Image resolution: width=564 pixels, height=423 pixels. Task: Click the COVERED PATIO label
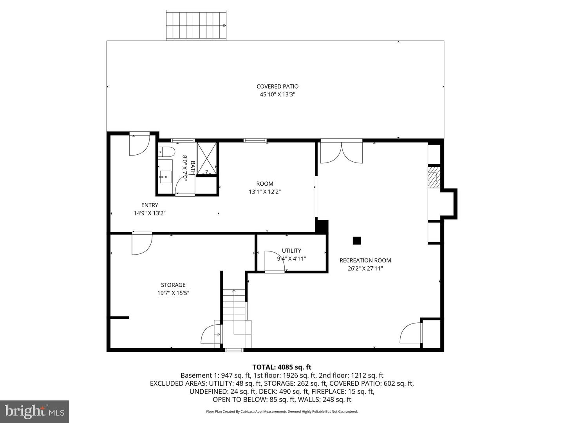pos(277,87)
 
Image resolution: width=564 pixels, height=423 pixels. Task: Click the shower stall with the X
pos(207,158)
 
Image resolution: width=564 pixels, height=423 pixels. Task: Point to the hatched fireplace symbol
pos(433,177)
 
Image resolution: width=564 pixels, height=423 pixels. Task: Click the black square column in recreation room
pos(356,241)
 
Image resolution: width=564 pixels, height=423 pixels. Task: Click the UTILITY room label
pos(291,251)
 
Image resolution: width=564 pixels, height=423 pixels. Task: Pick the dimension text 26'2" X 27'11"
pos(365,269)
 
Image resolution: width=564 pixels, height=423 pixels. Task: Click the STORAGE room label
pos(173,285)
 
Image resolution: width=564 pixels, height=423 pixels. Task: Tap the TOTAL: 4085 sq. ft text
pos(282,367)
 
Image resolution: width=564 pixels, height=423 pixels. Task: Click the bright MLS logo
pos(34,411)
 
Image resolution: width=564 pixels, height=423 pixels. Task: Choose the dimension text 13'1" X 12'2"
pos(265,192)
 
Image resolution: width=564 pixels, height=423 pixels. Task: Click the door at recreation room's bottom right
pos(411,333)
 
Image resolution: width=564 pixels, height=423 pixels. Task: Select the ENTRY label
pos(150,205)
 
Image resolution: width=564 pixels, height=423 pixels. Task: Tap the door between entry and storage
pos(142,244)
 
